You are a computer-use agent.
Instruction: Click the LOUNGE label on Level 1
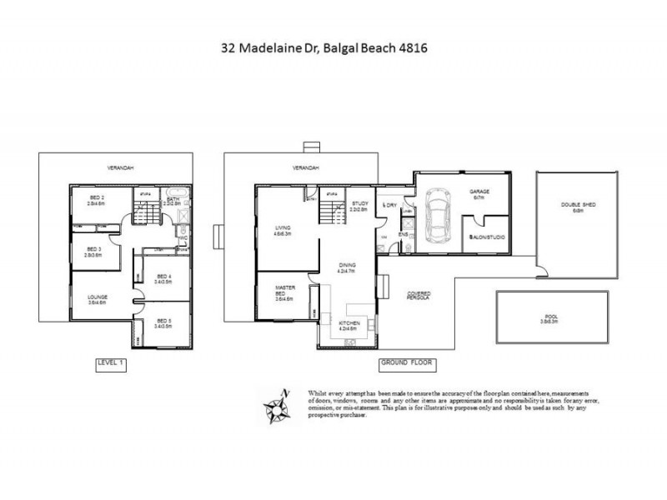97,297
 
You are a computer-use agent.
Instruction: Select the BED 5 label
163,322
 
